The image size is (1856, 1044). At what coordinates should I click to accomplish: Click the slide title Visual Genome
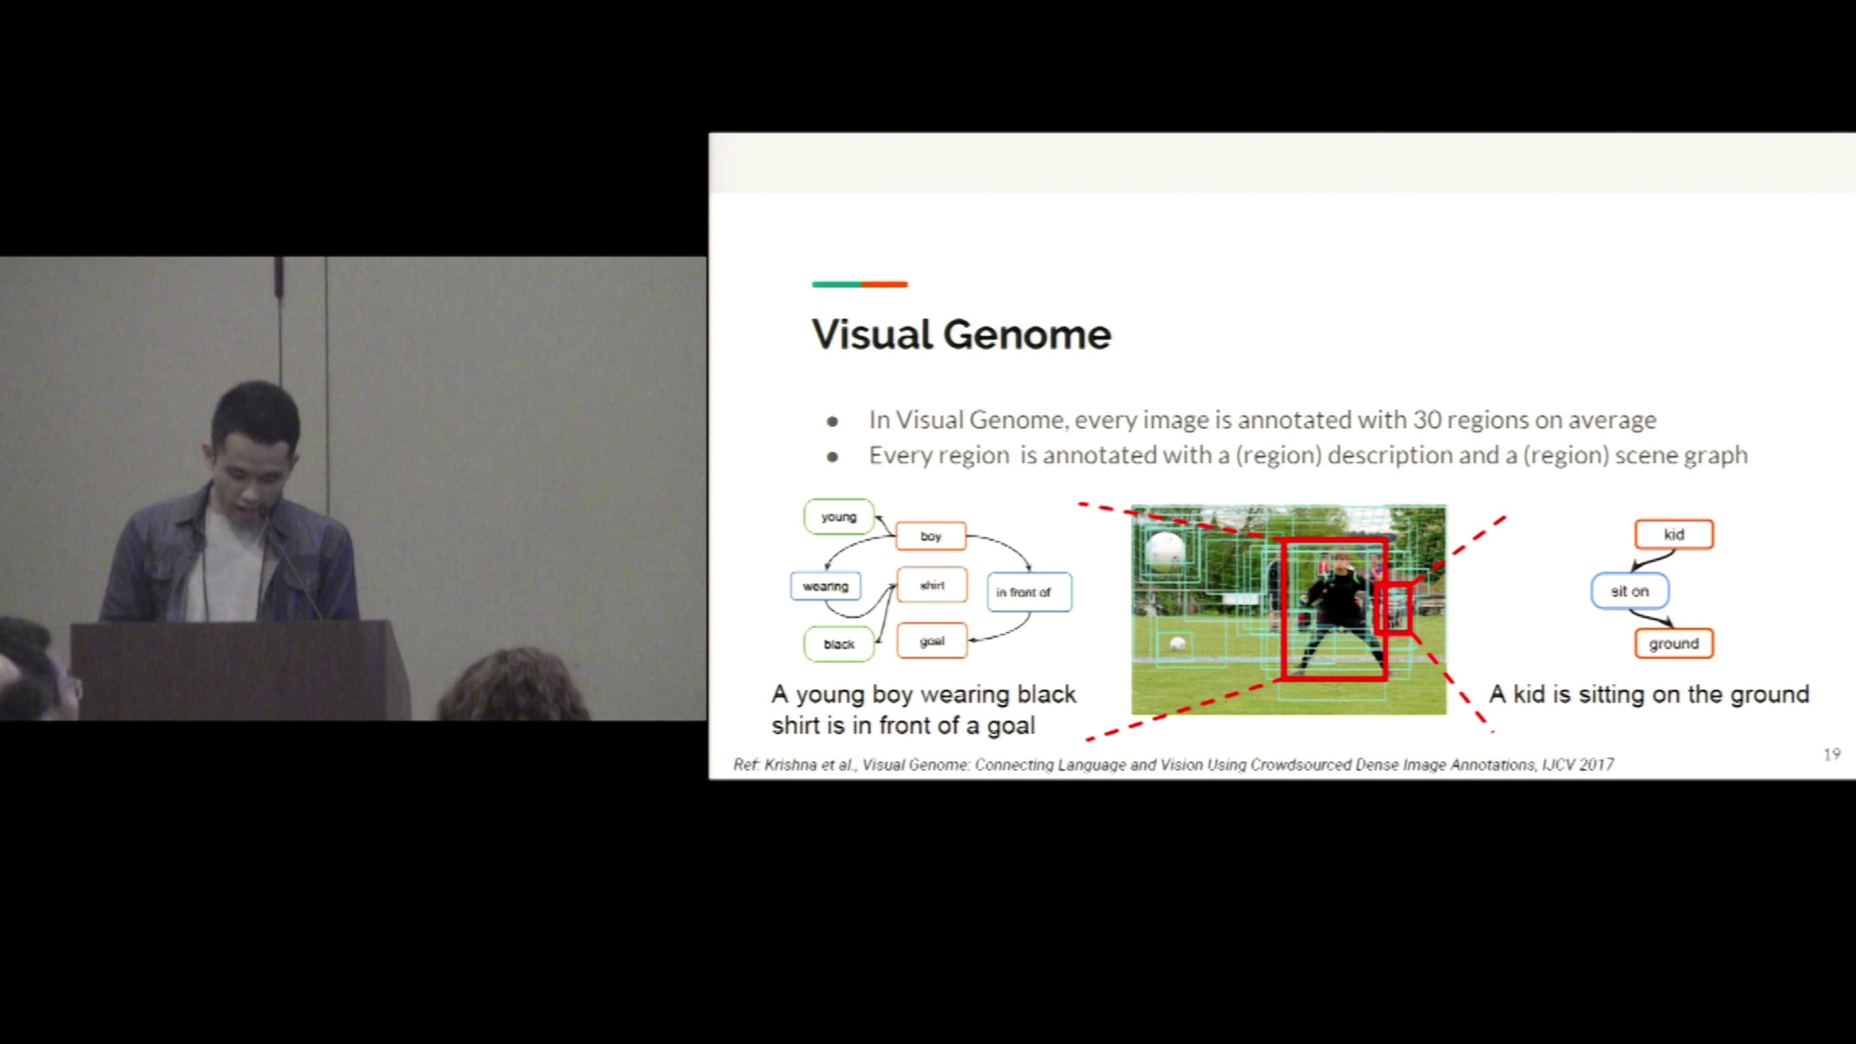[x=961, y=335]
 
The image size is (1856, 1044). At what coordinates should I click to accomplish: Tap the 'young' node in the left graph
[x=839, y=517]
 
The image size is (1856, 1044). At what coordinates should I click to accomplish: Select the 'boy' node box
[x=931, y=536]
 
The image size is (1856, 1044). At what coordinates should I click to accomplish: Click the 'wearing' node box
[x=825, y=586]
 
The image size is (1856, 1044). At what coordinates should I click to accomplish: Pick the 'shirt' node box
[x=932, y=585]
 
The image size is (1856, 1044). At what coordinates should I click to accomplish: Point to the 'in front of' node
[x=1029, y=592]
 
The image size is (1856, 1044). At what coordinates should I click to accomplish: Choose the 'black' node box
[x=839, y=644]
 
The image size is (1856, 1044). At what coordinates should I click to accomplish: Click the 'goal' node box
[x=932, y=641]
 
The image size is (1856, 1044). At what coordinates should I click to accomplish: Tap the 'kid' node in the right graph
[x=1674, y=534]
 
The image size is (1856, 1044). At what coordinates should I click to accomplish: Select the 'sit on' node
[x=1630, y=592]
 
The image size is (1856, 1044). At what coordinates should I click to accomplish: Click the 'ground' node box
[x=1674, y=643]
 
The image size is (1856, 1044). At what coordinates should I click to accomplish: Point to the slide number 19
[x=1832, y=754]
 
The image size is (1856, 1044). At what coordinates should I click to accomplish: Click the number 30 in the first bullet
[x=1428, y=420]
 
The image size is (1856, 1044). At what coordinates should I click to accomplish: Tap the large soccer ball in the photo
[x=1165, y=552]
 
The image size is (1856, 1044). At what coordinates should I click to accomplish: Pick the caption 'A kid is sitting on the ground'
[x=1650, y=694]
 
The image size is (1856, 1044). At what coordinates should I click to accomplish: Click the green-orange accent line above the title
[x=859, y=285]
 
